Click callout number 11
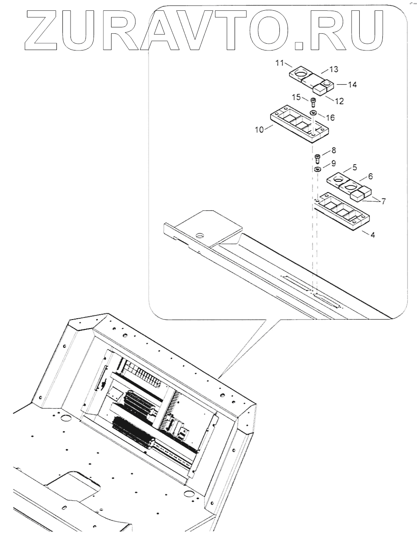(x=280, y=63)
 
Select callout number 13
(x=333, y=69)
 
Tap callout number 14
(x=352, y=85)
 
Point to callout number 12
(x=339, y=101)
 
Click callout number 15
(x=297, y=97)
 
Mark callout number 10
(x=259, y=130)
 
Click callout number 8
(x=333, y=150)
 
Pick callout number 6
(x=370, y=176)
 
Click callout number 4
(x=373, y=235)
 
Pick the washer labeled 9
(x=318, y=170)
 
